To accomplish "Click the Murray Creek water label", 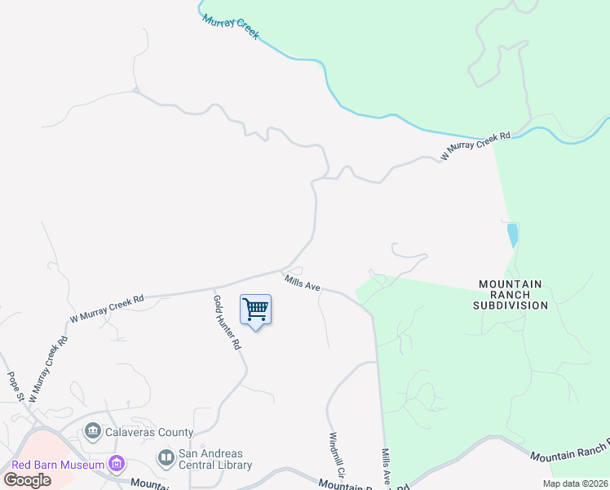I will (x=231, y=26).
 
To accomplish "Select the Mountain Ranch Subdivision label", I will (x=511, y=295).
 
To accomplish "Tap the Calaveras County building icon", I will (x=92, y=430).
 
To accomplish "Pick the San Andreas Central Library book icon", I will (x=166, y=457).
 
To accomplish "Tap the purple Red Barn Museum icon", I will (x=117, y=464).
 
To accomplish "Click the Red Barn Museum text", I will (x=58, y=465).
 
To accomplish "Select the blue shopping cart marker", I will (x=256, y=310).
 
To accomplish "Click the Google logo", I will (x=27, y=480).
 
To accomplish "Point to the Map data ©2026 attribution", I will (x=575, y=483).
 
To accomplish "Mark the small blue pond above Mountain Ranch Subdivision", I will (x=512, y=234).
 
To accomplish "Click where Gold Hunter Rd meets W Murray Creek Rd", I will (x=213, y=287).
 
